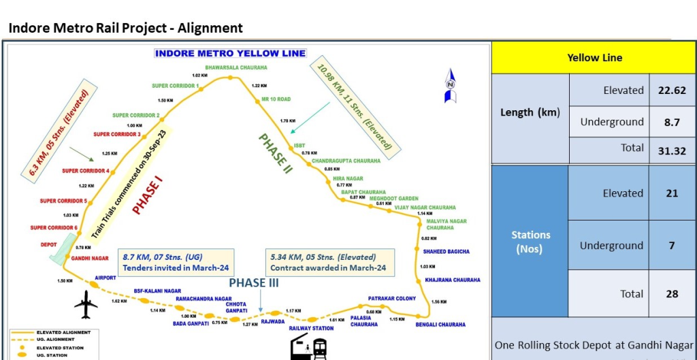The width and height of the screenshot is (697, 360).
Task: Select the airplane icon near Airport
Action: [x=86, y=304]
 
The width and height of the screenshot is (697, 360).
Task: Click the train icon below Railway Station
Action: [x=309, y=349]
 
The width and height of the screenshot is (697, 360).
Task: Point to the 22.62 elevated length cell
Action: [x=671, y=90]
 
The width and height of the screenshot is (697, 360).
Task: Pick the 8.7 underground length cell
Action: [x=671, y=122]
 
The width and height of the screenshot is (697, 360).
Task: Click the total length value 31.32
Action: [x=671, y=150]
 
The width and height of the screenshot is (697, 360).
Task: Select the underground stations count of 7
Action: [x=671, y=245]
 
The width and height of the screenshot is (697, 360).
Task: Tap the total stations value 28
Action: [x=671, y=293]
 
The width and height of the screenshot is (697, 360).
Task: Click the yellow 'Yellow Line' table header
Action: [x=594, y=58]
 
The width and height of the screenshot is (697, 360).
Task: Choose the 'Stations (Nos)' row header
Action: [x=530, y=242]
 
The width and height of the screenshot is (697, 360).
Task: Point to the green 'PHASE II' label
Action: [x=275, y=153]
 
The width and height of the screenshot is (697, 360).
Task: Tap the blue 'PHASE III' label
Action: [x=253, y=283]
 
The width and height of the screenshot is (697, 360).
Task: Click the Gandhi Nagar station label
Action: [x=90, y=259]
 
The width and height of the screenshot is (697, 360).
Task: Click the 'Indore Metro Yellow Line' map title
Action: [x=230, y=53]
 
